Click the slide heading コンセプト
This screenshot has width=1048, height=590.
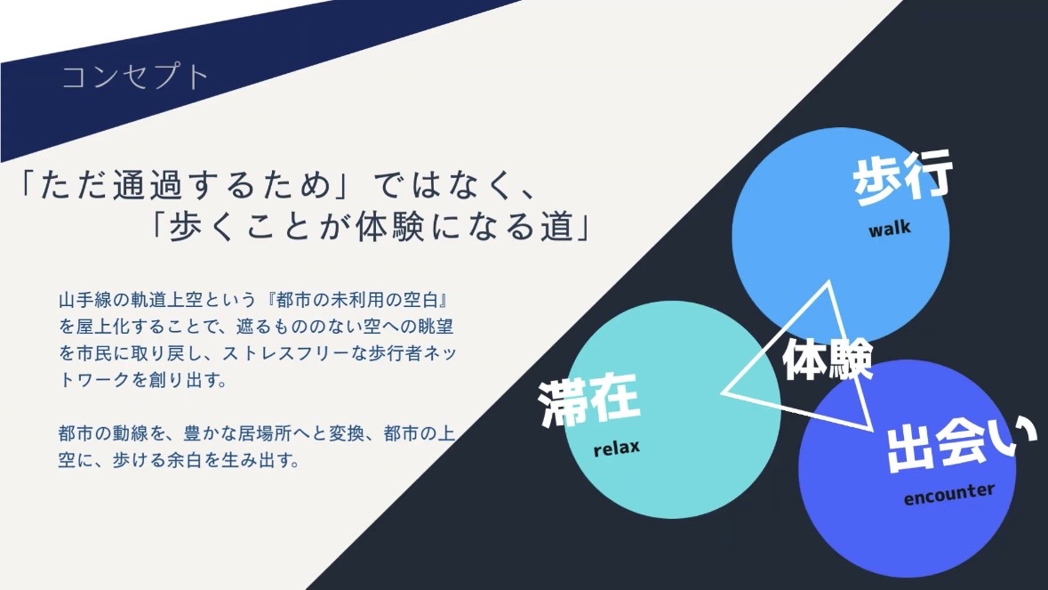click(136, 77)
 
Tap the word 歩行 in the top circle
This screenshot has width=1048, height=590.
click(902, 178)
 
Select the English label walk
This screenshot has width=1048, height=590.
click(890, 229)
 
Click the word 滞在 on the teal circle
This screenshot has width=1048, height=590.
click(589, 400)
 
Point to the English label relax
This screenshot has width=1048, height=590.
click(616, 448)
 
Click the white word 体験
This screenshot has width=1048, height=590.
click(828, 360)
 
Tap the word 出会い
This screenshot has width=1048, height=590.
click(961, 443)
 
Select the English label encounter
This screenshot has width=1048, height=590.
click(949, 495)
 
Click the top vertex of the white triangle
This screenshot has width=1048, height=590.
click(829, 281)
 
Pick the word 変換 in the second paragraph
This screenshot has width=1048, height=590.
click(346, 433)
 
